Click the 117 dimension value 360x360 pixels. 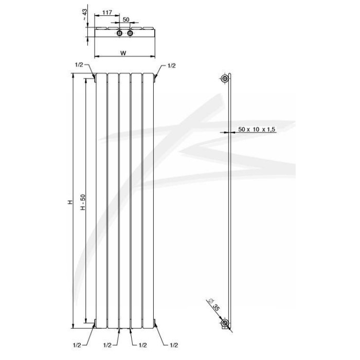107,12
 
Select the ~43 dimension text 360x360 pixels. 85,15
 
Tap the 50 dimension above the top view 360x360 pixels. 126,20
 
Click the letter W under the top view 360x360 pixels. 123,53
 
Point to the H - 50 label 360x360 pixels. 83,202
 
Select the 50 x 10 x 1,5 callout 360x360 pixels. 257,129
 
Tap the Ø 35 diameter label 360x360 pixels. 214,305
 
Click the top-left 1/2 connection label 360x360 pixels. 79,65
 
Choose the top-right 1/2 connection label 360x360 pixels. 171,66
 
